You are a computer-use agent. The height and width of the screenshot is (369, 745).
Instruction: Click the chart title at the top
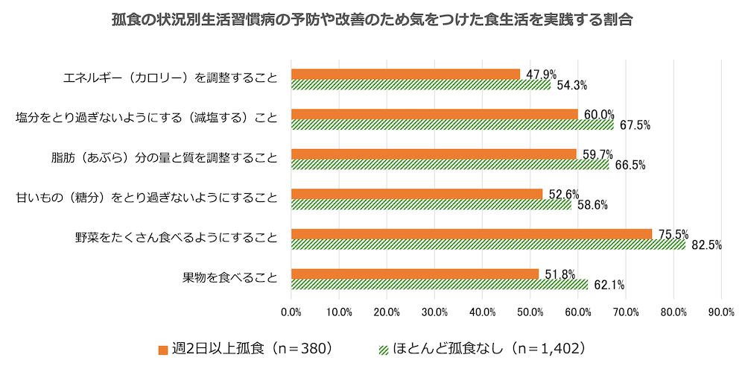(372, 20)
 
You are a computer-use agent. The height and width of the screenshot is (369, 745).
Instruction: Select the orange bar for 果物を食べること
(414, 274)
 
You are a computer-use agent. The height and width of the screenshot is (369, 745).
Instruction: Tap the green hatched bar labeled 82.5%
(488, 245)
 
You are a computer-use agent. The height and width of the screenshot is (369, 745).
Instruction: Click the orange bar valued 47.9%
(405, 74)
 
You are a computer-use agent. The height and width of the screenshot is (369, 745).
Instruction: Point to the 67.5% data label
(634, 125)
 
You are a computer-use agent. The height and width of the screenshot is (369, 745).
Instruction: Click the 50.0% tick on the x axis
(530, 311)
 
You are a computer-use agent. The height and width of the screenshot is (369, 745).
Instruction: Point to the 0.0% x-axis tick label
(291, 311)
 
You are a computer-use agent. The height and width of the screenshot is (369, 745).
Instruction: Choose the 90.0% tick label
(722, 311)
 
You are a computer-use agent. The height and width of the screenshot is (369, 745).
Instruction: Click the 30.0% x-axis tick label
(434, 311)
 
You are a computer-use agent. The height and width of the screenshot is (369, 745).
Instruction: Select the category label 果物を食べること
(230, 278)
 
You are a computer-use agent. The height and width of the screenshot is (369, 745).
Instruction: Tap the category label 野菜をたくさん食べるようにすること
(176, 239)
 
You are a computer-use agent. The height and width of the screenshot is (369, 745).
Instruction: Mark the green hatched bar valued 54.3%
(421, 85)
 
